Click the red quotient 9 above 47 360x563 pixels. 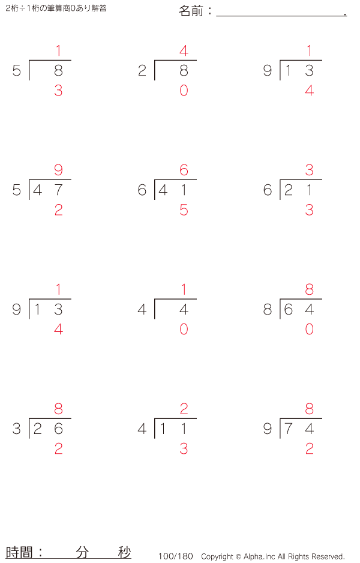[59, 170]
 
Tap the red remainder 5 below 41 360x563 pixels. [184, 210]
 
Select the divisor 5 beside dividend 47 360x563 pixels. [17, 190]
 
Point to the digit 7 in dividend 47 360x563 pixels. [59, 190]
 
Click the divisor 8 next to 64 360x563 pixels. [268, 309]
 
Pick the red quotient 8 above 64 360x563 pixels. [310, 289]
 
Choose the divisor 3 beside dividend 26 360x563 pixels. [17, 429]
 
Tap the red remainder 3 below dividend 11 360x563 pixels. [184, 449]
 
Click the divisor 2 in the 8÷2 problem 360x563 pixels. [142, 71]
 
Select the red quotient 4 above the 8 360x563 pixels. [184, 50]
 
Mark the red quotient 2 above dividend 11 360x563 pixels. [184, 409]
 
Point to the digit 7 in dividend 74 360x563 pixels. [288, 429]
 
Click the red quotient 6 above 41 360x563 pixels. [184, 170]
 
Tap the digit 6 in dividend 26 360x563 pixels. [59, 429]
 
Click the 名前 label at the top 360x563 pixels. [191, 11]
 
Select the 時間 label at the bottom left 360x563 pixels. [19, 552]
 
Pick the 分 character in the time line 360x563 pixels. [82, 552]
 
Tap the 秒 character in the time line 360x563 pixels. [125, 552]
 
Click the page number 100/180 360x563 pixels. [176, 556]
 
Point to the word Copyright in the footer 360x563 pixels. [217, 556]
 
